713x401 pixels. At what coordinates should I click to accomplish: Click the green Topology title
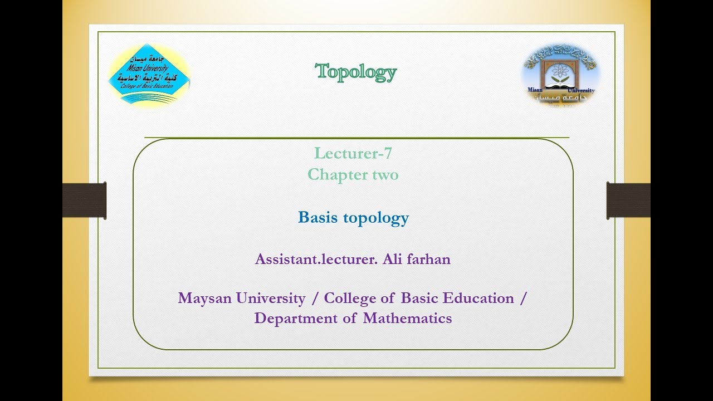(356, 72)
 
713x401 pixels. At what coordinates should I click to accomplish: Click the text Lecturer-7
(353, 153)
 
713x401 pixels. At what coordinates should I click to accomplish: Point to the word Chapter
(333, 175)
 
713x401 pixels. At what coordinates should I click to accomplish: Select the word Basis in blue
(318, 217)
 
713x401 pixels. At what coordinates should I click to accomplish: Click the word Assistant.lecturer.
(316, 259)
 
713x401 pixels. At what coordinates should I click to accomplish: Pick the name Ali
(392, 259)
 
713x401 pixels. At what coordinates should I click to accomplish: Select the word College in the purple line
(350, 298)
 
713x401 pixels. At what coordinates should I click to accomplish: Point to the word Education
(478, 298)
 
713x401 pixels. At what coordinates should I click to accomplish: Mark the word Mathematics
(407, 319)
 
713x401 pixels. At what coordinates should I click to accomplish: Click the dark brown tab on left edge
(84, 200)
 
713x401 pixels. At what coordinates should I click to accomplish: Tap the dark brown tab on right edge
(628, 200)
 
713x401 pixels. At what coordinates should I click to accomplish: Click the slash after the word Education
(522, 298)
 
